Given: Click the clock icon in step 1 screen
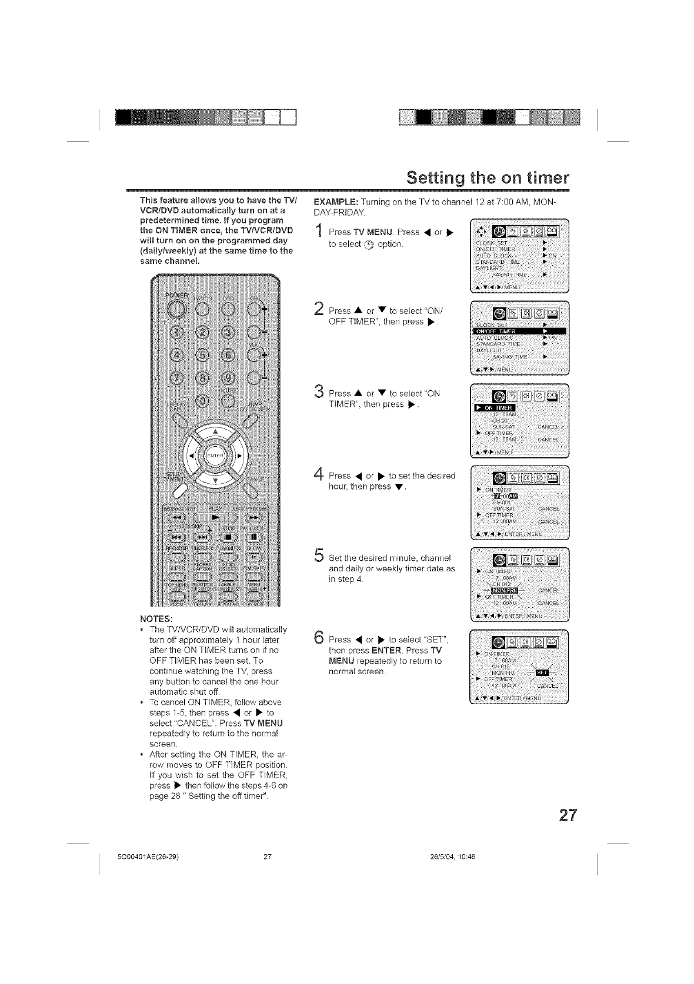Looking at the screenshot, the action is pos(499,232).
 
